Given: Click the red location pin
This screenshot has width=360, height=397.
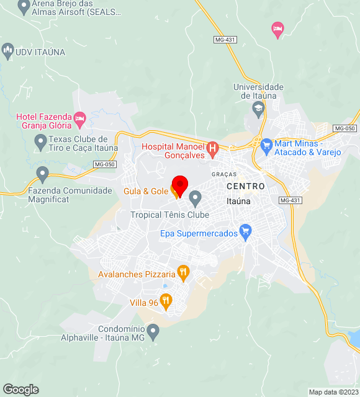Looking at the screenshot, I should [179, 185].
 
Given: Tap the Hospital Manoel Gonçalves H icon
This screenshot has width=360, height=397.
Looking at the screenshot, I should [212, 148].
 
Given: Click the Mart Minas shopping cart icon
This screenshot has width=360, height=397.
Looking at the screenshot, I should [266, 147].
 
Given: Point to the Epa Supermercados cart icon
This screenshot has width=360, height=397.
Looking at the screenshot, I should [245, 233].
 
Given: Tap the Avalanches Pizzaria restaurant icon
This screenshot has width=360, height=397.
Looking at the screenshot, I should [183, 272].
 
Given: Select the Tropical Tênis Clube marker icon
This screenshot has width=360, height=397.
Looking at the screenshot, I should [195, 199].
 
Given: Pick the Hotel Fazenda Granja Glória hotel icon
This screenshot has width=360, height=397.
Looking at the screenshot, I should [79, 118].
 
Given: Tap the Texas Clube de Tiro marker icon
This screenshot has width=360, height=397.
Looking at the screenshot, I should [41, 143].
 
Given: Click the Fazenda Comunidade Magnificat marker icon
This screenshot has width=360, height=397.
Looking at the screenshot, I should [42, 174].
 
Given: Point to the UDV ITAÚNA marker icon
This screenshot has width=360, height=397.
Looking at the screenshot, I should [8, 50].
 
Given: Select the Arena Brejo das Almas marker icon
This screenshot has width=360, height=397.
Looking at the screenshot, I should [24, 7].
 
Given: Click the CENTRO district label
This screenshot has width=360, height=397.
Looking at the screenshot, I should [246, 186].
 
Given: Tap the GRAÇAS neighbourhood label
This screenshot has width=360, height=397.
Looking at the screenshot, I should [224, 174].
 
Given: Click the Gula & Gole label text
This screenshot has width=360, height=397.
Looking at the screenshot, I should [145, 191].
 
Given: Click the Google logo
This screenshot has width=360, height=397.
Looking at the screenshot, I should [20, 390].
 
